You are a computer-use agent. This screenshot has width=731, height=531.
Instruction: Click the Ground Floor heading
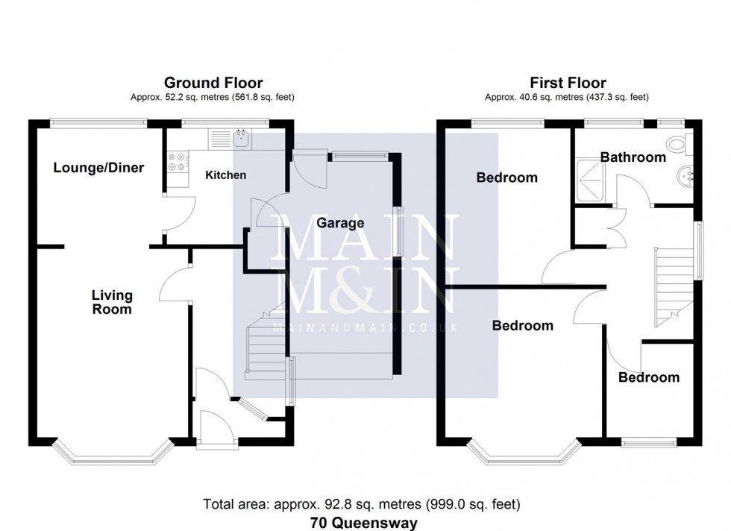213,83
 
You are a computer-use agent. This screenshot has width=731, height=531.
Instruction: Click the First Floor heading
568,83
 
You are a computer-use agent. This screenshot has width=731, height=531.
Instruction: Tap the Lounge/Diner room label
98,167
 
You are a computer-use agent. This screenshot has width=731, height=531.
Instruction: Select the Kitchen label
225,175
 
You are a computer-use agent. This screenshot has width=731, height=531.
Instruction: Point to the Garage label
340,223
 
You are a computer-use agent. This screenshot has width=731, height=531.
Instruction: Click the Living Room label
112,302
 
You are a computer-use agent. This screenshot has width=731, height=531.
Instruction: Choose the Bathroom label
633,157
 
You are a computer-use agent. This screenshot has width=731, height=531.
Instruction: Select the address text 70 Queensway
365,523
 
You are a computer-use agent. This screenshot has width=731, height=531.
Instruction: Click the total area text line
365,505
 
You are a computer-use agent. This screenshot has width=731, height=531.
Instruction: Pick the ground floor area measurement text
213,97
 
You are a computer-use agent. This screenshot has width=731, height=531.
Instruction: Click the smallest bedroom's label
649,377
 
